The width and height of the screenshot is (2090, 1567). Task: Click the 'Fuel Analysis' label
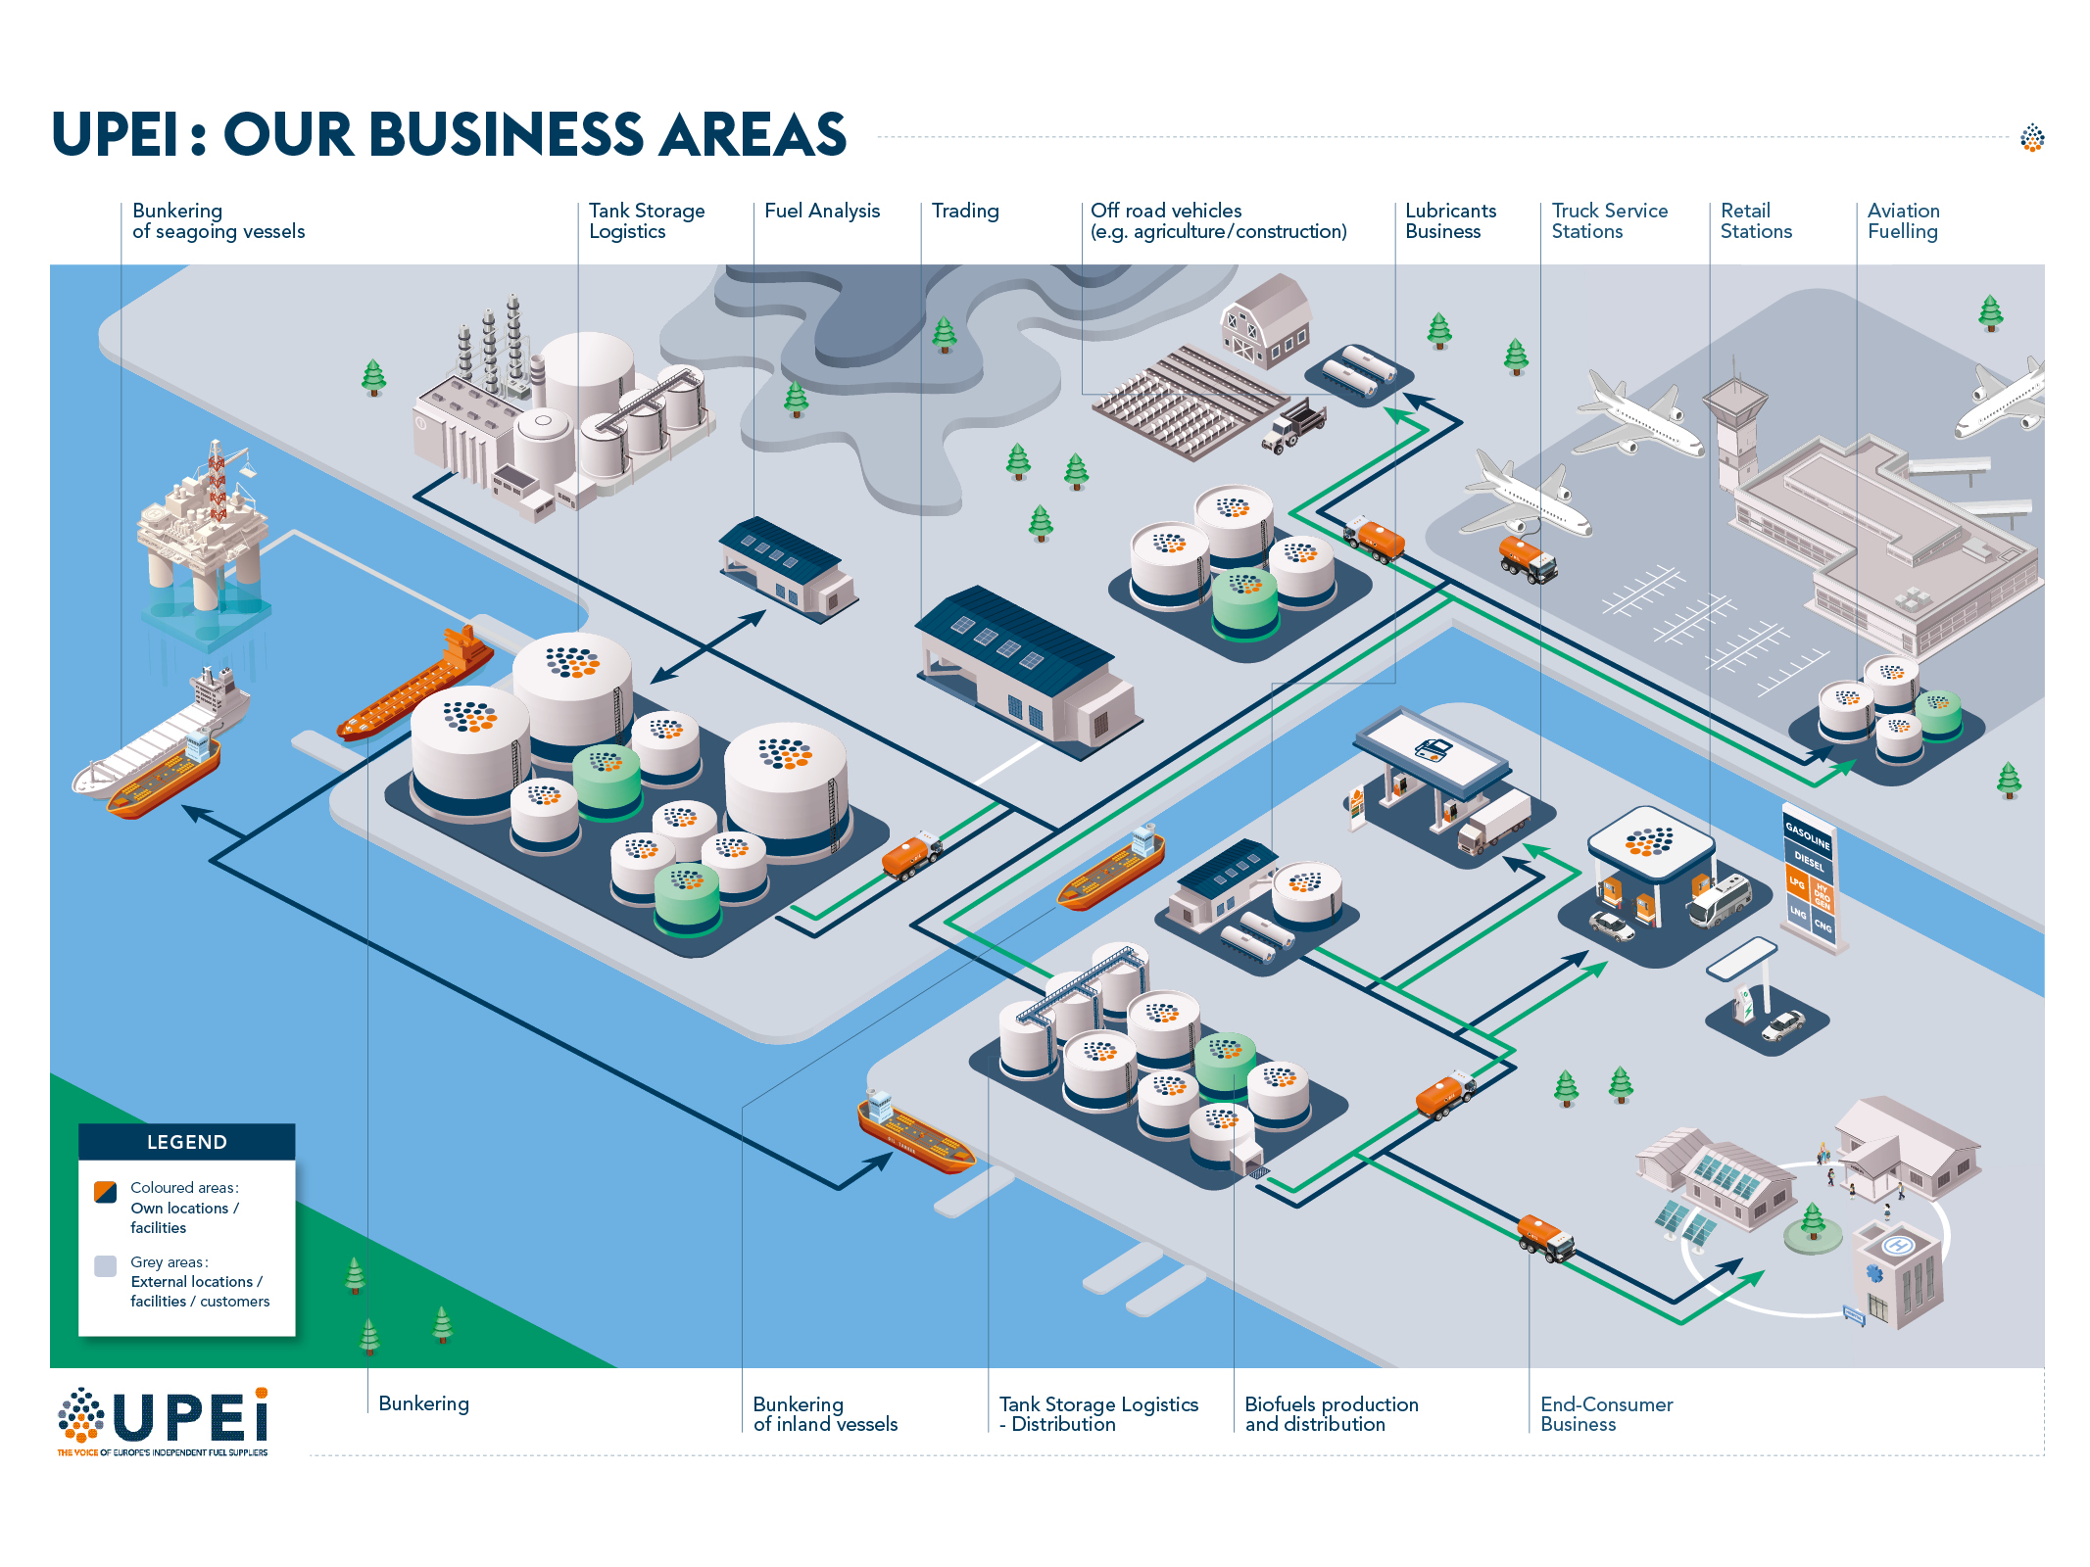coord(821,211)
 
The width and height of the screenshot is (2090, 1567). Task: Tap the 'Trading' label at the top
coord(964,211)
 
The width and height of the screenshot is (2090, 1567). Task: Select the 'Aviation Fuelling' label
coord(1902,220)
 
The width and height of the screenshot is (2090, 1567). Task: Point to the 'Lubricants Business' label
coord(1449,220)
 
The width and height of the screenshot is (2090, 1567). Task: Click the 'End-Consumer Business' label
coord(1605,1413)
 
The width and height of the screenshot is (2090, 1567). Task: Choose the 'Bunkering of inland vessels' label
coord(824,1413)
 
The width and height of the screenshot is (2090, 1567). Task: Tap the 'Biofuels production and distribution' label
coord(1331,1413)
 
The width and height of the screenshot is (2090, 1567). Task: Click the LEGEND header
coord(186,1142)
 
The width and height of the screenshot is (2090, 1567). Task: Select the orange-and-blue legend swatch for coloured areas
coord(105,1192)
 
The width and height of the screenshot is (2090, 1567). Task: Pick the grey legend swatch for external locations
coord(105,1265)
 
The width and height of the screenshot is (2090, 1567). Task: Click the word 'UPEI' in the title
coord(116,134)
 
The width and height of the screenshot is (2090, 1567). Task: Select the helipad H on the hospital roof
coord(1897,1245)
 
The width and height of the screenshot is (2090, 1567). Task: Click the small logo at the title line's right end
coord(2032,138)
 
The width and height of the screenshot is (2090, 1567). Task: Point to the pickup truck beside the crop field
coord(1293,426)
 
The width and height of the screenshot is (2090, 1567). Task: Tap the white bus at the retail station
coord(1719,899)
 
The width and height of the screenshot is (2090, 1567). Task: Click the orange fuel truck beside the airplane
coord(1527,557)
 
